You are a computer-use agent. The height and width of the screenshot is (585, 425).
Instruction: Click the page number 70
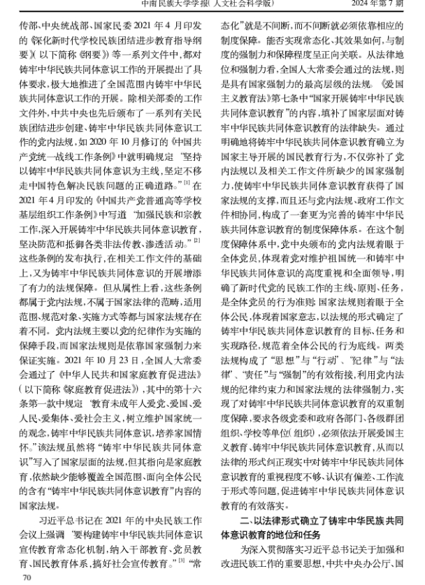pos(28,577)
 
